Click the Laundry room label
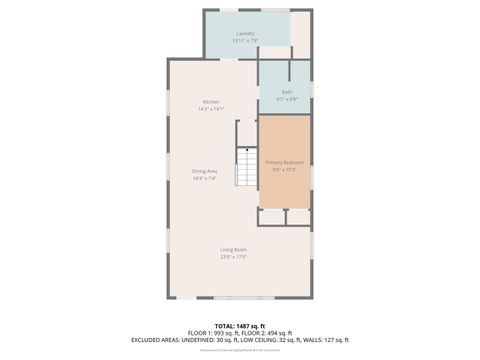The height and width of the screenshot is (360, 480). click(245, 33)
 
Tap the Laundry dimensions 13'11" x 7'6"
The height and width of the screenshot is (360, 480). click(245, 40)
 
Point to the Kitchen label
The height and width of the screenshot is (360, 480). click(211, 102)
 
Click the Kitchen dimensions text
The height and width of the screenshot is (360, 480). click(211, 109)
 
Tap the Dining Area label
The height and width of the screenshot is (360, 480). click(205, 171)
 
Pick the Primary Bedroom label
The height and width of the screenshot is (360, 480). click(284, 161)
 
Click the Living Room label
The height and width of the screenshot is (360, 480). click(234, 249)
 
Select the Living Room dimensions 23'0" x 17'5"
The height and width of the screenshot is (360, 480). click(234, 257)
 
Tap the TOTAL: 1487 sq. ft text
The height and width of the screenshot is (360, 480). click(240, 323)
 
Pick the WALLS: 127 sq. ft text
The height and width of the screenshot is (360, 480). click(327, 339)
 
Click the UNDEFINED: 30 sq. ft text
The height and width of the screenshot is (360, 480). click(211, 339)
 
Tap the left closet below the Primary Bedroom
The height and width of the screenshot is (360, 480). click(271, 216)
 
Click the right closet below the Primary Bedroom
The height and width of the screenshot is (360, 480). click(298, 216)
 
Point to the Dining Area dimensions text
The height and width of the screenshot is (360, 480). click(205, 178)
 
